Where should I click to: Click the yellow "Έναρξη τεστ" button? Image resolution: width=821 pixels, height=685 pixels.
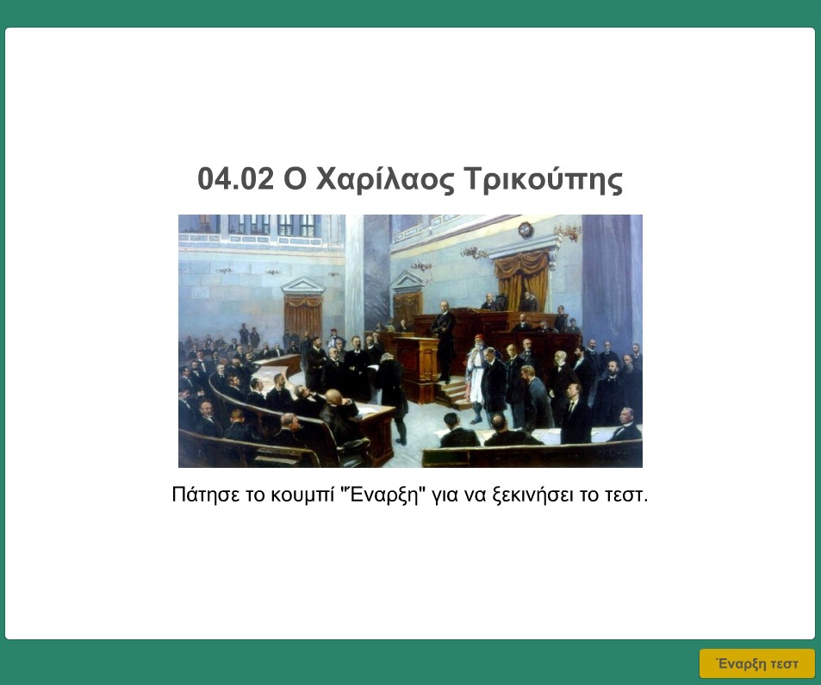(x=757, y=663)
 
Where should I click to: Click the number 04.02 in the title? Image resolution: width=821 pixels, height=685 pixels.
(x=236, y=178)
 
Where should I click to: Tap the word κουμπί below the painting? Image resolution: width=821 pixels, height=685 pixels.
(x=303, y=495)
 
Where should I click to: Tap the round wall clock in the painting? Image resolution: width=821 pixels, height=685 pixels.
(x=526, y=230)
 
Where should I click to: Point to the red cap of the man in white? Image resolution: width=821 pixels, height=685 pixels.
(x=476, y=339)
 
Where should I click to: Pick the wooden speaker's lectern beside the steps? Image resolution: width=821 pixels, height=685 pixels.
(x=417, y=368)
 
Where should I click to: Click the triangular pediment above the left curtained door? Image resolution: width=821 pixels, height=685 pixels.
(x=303, y=286)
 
